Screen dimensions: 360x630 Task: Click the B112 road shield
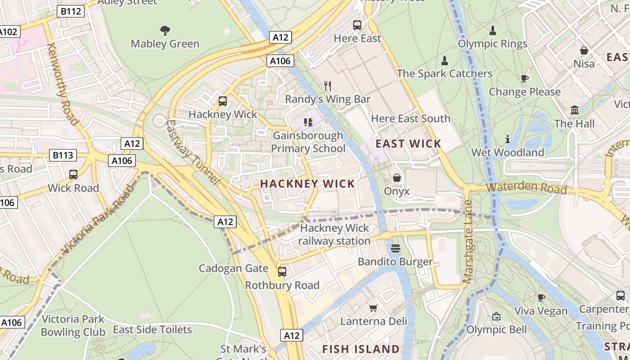71,11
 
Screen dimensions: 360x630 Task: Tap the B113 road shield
63,155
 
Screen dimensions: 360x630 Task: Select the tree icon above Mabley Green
165,31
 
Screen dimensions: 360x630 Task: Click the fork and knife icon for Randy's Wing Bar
328,85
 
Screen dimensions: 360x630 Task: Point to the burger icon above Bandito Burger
396,248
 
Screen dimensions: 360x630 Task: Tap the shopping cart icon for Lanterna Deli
373,308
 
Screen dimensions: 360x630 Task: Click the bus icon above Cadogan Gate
282,272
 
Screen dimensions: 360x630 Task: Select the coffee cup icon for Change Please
524,78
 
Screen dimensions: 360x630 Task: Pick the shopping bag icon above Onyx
396,178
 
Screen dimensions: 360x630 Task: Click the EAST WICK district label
409,144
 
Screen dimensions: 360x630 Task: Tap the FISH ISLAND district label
361,349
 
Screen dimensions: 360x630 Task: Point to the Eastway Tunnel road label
193,152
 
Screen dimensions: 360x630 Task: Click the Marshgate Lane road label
468,242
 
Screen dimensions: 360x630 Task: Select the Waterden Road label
526,188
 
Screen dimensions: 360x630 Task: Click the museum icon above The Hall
574,110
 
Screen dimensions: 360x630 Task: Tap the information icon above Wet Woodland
508,139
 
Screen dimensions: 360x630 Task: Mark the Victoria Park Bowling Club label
73,326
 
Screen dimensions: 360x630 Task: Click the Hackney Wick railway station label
334,234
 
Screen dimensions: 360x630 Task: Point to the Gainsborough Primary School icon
308,122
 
